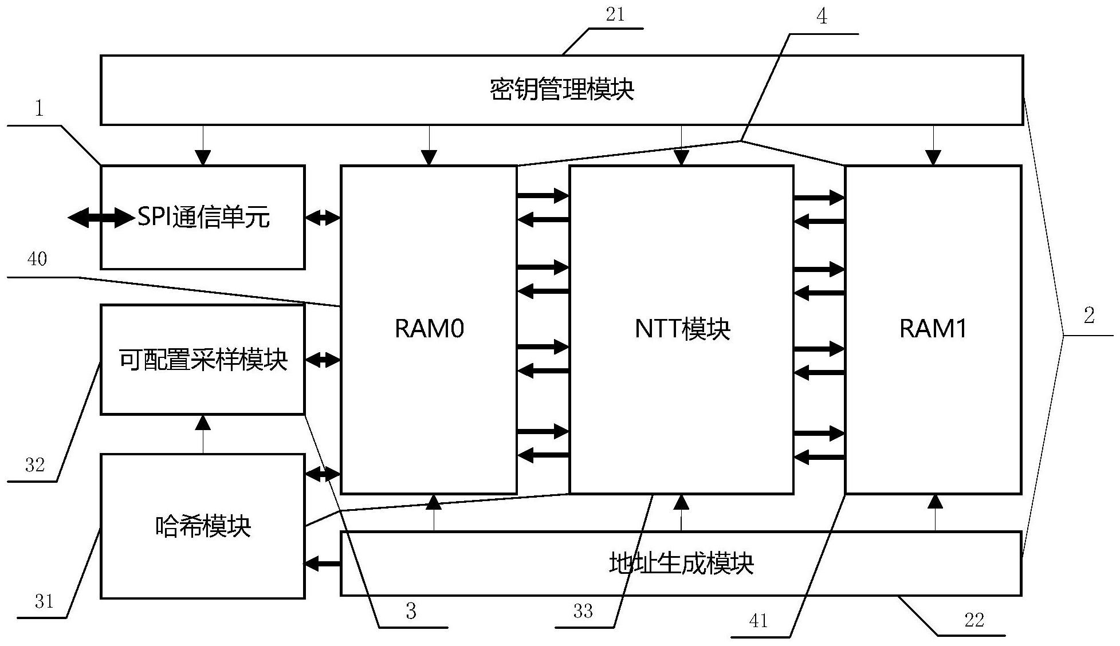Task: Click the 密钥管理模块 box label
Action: pyautogui.click(x=561, y=90)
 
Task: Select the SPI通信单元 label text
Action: pyautogui.click(x=203, y=218)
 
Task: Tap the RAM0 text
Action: pyautogui.click(x=429, y=329)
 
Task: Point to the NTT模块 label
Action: pyautogui.click(x=682, y=329)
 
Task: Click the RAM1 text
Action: pyautogui.click(x=933, y=329)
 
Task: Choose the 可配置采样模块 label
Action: pyautogui.click(x=203, y=360)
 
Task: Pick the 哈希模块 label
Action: pyautogui.click(x=203, y=526)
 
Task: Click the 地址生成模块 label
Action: pyautogui.click(x=681, y=564)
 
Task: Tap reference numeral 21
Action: pyautogui.click(x=615, y=15)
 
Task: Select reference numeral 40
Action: pyautogui.click(x=37, y=259)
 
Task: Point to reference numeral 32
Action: pyautogui.click(x=35, y=464)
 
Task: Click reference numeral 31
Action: pyautogui.click(x=44, y=601)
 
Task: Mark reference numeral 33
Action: pyautogui.click(x=583, y=612)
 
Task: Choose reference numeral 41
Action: pyautogui.click(x=759, y=621)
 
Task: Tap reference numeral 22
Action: pyautogui.click(x=974, y=620)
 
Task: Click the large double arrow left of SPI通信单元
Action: pyautogui.click(x=101, y=218)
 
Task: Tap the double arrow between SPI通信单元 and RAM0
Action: pyautogui.click(x=323, y=218)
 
